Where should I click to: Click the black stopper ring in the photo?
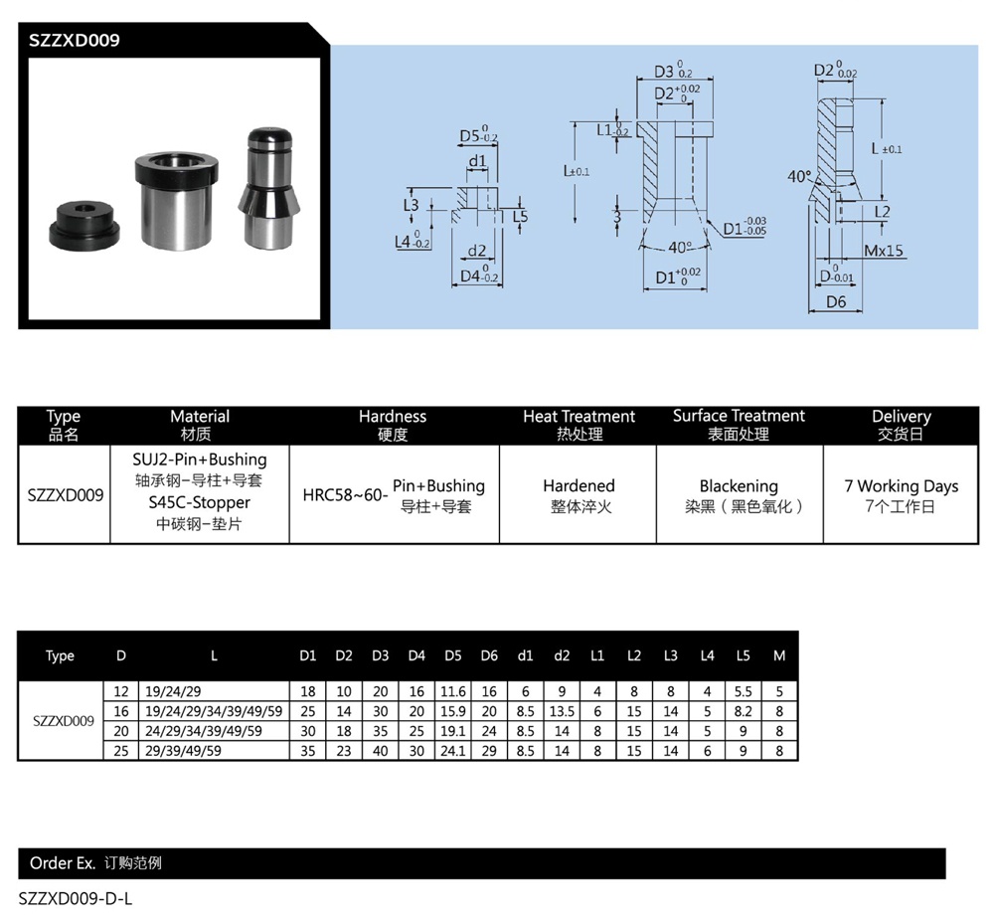88,226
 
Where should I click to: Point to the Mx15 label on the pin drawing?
883,251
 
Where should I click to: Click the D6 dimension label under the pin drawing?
835,302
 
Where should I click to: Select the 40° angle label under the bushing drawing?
680,247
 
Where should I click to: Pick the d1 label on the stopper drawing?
477,161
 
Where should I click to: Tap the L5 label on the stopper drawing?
521,216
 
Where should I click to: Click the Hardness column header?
393,417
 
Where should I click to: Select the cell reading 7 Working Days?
901,486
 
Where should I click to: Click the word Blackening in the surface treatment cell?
739,486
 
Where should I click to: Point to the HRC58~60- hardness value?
345,495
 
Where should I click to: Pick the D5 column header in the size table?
452,655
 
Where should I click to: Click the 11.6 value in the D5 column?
452,691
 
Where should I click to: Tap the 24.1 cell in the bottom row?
452,751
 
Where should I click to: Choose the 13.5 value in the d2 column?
562,711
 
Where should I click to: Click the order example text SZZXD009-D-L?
76,898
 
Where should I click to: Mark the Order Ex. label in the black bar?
63,863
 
